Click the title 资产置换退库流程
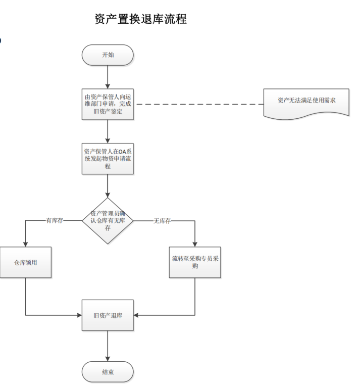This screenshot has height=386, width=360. (140, 19)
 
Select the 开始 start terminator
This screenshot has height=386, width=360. (108, 55)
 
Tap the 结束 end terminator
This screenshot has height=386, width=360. (108, 372)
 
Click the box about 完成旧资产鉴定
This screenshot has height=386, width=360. (108, 104)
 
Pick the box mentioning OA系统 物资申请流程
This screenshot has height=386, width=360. (108, 158)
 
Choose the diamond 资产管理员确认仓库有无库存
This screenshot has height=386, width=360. (108, 221)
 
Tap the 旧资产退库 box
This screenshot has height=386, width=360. (108, 315)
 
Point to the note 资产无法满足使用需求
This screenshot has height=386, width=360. (306, 101)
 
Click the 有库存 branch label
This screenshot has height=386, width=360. (54, 221)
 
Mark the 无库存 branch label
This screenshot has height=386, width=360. (161, 221)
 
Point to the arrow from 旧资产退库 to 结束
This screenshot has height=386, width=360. (108, 346)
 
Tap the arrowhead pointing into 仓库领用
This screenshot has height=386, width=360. (25, 244)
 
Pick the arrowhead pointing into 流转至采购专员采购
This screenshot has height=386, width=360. (194, 244)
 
